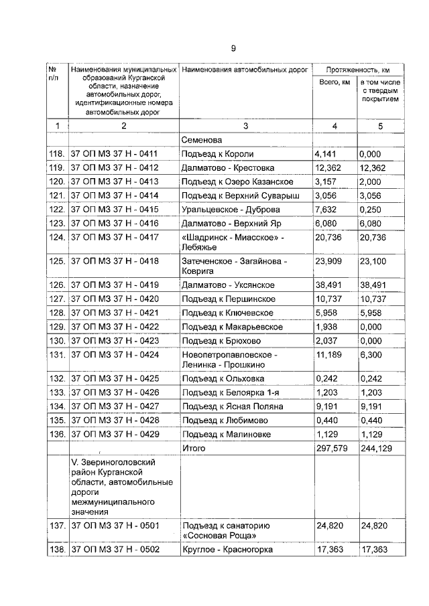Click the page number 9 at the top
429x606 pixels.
(233, 48)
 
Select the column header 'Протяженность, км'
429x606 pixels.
(357, 70)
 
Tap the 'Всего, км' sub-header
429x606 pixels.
(333, 82)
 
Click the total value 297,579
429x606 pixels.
(333, 448)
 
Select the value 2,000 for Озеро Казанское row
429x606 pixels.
(372, 181)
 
